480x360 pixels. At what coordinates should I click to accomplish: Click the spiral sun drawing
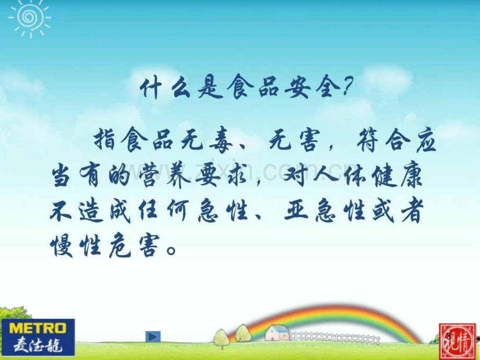[x=30, y=18]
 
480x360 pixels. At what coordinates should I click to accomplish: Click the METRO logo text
[x=38, y=329]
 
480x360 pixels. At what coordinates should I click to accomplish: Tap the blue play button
[x=153, y=337]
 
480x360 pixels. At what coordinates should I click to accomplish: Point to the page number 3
[x=449, y=336]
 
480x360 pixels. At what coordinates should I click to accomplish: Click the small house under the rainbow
[x=278, y=333]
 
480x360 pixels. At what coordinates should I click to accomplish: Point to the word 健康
[x=397, y=176]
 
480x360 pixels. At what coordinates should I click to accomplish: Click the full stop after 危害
[x=172, y=250]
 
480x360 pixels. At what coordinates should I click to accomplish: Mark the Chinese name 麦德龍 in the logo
[x=38, y=344]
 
